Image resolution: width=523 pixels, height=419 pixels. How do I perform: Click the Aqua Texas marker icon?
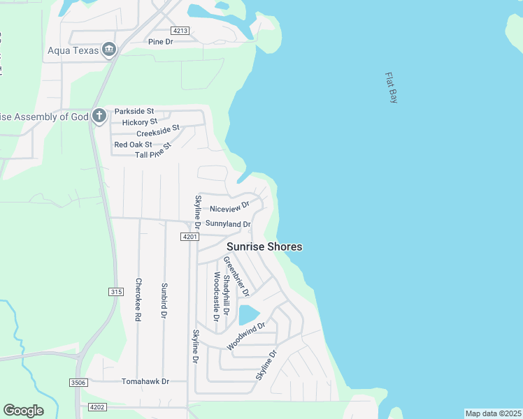pyautogui.click(x=109, y=50)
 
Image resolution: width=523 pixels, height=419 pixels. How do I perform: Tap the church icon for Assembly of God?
pyautogui.click(x=99, y=116)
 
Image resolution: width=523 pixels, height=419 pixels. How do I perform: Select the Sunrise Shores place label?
pyautogui.click(x=264, y=247)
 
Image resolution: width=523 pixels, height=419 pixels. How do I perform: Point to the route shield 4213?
pyautogui.click(x=180, y=30)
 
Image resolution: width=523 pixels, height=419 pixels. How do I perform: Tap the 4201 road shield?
pyautogui.click(x=189, y=237)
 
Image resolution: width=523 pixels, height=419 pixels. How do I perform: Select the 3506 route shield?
pyautogui.click(x=78, y=382)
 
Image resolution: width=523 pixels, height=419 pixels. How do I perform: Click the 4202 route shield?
pyautogui.click(x=97, y=407)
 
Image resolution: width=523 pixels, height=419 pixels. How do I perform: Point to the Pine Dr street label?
pyautogui.click(x=160, y=42)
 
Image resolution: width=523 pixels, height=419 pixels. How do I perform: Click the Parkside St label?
pyautogui.click(x=134, y=112)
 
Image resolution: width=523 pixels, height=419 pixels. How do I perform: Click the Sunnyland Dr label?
pyautogui.click(x=228, y=224)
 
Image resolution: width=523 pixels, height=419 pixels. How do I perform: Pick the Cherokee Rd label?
pyautogui.click(x=138, y=300)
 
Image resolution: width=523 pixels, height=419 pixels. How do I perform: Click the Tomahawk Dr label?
pyautogui.click(x=145, y=382)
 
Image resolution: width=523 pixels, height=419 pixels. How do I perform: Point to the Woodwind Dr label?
pyautogui.click(x=246, y=336)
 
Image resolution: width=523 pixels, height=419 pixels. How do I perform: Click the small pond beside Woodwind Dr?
pyautogui.click(x=248, y=314)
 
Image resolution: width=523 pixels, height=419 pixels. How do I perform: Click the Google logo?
pyautogui.click(x=23, y=411)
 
